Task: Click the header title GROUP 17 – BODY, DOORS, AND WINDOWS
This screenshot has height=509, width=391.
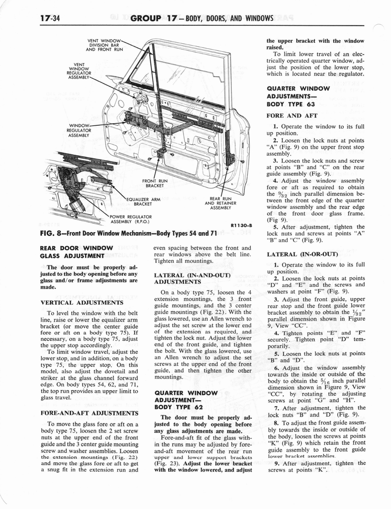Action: click(202, 19)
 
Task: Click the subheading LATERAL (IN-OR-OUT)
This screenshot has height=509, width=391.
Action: click(295, 254)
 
